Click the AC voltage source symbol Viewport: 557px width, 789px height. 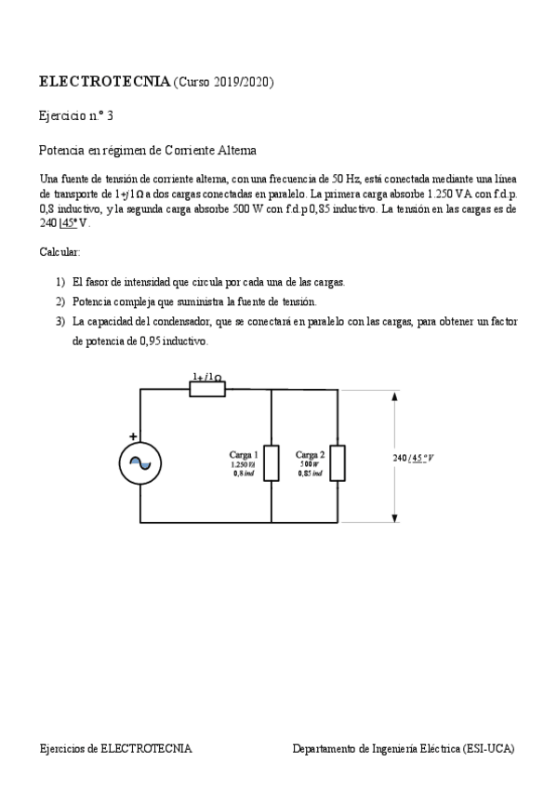point(139,462)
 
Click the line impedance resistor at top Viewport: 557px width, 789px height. point(206,389)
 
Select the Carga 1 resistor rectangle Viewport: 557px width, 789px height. point(271,462)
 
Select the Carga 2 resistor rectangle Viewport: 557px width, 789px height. point(338,462)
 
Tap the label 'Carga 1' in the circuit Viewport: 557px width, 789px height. point(244,454)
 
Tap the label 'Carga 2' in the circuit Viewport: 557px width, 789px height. point(310,454)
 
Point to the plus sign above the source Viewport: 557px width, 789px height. point(132,435)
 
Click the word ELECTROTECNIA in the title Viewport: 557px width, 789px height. point(104,83)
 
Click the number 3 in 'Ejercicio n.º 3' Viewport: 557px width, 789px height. point(111,116)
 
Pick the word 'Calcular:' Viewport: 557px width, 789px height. point(60,252)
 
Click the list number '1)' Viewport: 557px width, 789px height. point(60,282)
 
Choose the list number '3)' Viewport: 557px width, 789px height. point(60,321)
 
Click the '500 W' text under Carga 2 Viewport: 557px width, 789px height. point(310,464)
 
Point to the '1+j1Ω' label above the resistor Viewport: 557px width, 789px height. point(206,377)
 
